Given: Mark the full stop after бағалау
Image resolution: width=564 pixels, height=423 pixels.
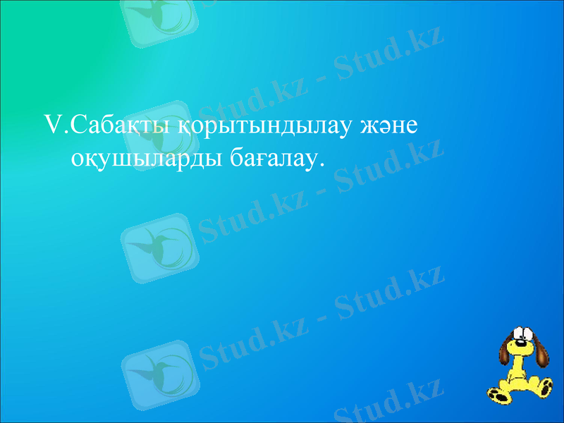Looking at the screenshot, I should point(322,166).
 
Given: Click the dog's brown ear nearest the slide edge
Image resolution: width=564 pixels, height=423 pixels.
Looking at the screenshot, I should point(542,352).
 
